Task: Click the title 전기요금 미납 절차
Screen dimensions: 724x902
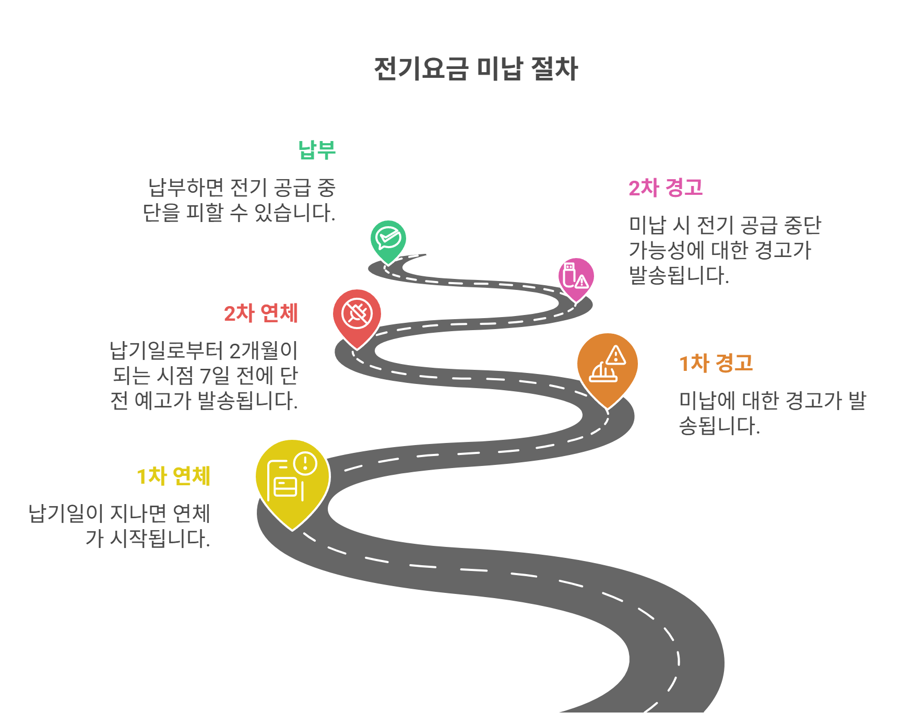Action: [x=476, y=69]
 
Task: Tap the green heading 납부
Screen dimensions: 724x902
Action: [x=316, y=150]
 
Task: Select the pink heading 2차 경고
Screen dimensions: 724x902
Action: [x=666, y=188]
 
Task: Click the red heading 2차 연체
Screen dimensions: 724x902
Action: [x=260, y=313]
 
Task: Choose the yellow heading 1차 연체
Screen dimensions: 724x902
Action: [x=173, y=476]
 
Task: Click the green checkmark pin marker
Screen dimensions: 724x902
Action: [x=388, y=239]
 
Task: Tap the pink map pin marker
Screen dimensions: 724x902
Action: [x=576, y=276]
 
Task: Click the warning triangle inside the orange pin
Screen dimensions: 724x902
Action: [x=616, y=356]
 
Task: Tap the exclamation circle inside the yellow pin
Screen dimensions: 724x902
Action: [x=305, y=463]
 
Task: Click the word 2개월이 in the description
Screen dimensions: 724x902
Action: [x=263, y=351]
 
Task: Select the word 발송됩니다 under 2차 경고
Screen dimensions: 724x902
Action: [x=679, y=276]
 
